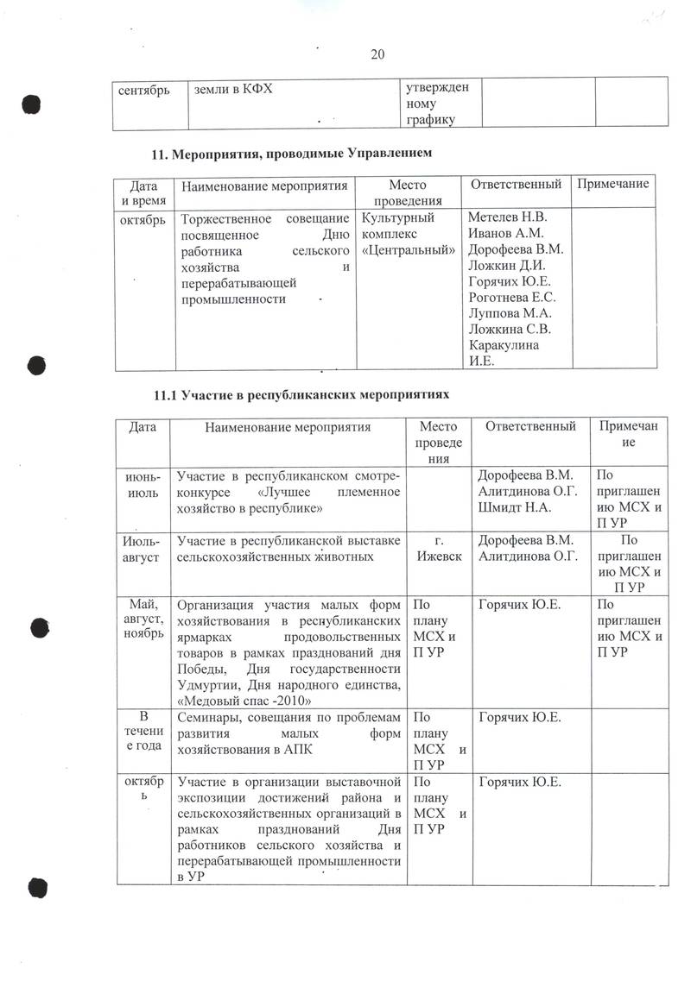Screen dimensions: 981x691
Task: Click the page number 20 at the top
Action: (377, 54)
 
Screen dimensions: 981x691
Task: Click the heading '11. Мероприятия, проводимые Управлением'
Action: (291, 154)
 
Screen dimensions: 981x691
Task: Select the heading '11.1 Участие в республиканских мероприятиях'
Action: (301, 393)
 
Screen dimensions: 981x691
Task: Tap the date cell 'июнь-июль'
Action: (143, 482)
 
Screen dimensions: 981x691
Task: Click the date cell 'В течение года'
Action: (143, 733)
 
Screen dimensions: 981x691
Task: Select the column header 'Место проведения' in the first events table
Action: (408, 192)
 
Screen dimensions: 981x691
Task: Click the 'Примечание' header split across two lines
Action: (629, 434)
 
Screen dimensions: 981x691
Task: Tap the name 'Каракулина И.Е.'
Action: (503, 353)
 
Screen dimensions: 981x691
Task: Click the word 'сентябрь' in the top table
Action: (144, 90)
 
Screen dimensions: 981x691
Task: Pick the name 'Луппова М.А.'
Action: (509, 313)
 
